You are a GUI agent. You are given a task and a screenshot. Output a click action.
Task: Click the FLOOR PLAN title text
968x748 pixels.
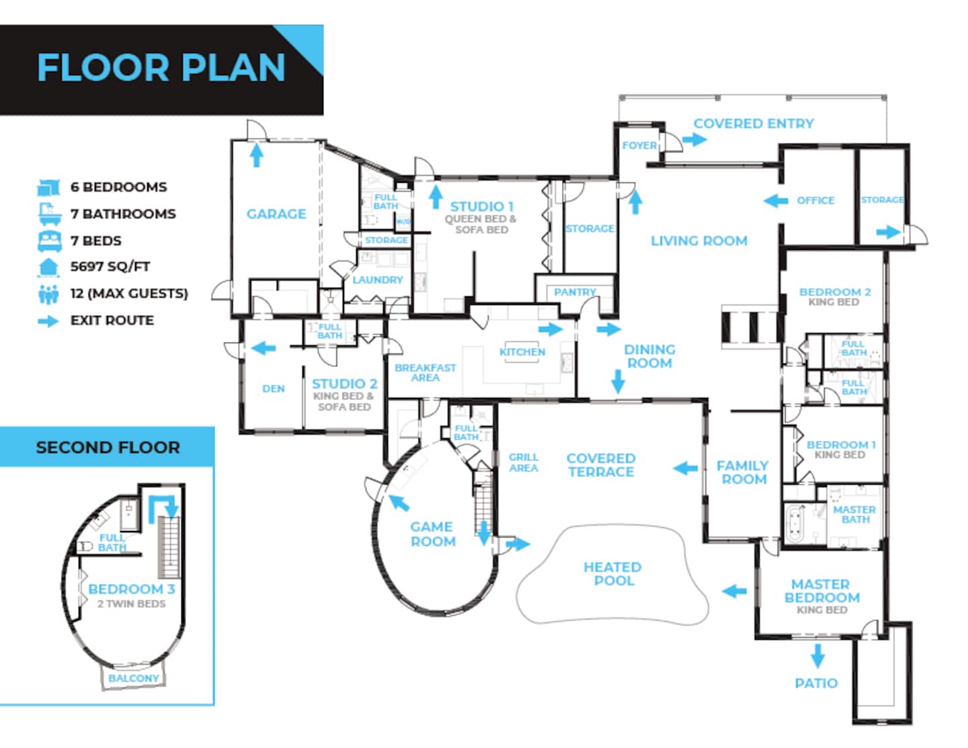[161, 68]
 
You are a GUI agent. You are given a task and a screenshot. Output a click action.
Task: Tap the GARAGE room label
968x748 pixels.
[276, 214]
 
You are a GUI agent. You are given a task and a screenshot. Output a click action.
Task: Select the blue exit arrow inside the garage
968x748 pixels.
[256, 155]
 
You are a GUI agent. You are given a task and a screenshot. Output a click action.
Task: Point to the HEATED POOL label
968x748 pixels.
[613, 573]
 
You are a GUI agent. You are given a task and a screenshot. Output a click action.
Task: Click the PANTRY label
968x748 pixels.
[575, 292]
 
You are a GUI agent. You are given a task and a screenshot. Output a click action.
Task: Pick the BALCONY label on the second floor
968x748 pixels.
[134, 678]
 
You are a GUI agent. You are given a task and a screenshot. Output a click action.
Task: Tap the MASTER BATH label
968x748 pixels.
[854, 514]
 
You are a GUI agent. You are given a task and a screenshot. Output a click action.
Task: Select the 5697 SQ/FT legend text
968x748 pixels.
[110, 267]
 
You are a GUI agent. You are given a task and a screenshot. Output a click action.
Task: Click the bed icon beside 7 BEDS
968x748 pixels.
[50, 241]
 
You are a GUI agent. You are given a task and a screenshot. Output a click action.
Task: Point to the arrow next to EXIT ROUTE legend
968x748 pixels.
[48, 321]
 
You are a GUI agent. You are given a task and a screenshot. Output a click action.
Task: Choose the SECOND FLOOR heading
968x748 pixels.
[108, 448]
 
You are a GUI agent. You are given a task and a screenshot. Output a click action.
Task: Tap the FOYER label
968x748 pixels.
[639, 146]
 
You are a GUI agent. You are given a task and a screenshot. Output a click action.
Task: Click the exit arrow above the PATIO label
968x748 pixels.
[817, 656]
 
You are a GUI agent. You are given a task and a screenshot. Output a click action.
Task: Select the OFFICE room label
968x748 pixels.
[815, 200]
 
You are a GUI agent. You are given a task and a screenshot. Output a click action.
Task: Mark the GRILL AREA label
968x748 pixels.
[524, 462]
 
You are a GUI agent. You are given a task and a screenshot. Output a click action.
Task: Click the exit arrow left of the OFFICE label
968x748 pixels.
[776, 200]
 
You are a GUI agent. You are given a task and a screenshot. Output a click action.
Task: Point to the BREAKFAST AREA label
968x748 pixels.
[426, 373]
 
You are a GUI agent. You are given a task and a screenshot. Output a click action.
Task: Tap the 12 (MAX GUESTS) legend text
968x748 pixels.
[129, 294]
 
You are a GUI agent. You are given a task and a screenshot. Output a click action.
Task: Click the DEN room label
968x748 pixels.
[274, 388]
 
